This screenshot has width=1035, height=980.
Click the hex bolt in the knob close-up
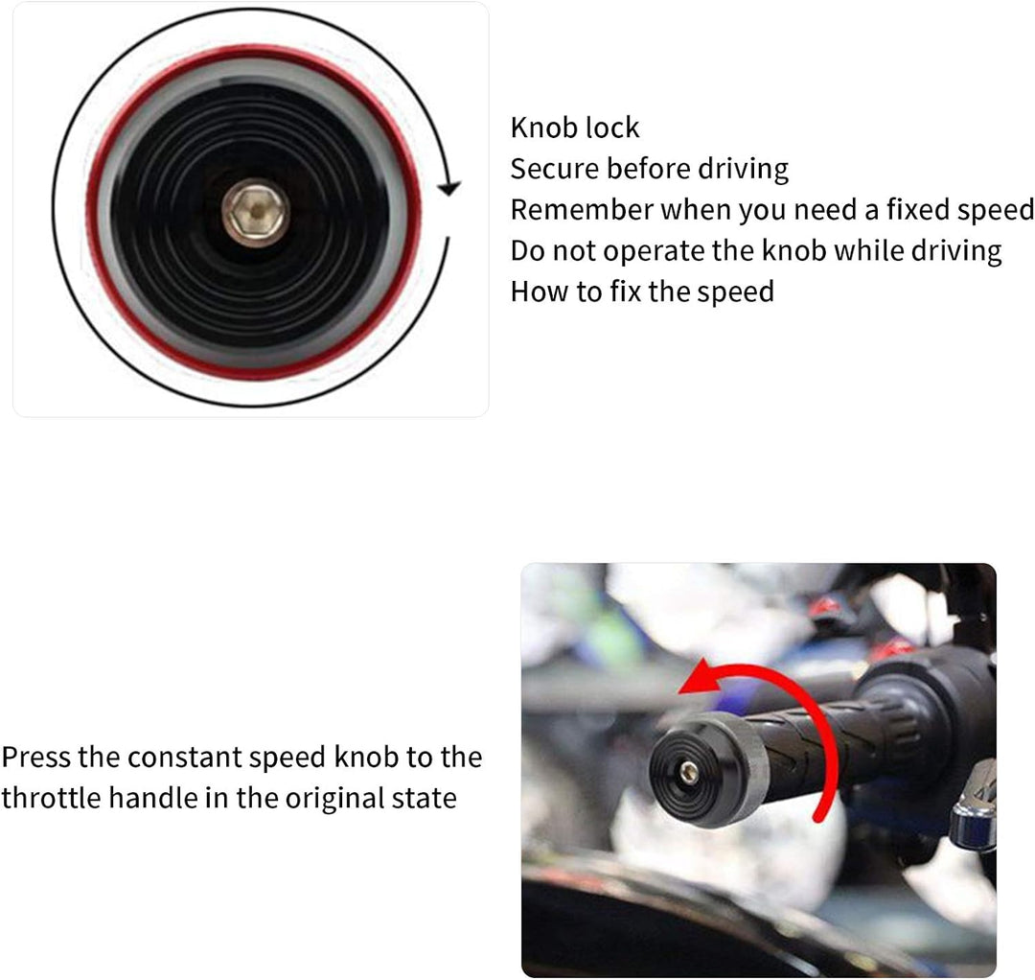pos(256,212)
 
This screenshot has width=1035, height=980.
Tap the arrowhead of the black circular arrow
pos(449,188)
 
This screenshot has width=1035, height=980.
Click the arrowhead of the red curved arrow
pos(699,678)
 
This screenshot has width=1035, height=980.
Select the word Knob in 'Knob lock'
pos(538,128)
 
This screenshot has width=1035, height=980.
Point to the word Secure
pos(555,169)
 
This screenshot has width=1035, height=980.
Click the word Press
pos(36,758)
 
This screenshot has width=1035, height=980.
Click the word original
pos(334,800)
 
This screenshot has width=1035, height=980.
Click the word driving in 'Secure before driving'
pos(744,170)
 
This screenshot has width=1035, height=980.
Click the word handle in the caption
pos(152,799)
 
